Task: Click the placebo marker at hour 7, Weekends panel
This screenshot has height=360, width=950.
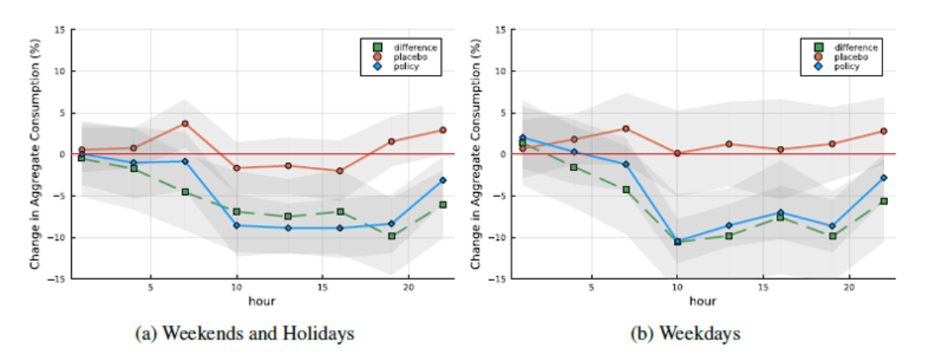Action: click(x=185, y=123)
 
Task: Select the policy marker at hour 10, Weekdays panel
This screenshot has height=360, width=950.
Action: click(x=677, y=241)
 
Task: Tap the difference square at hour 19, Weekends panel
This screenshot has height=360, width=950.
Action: click(x=391, y=236)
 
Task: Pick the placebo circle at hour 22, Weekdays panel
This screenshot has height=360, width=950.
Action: click(x=883, y=131)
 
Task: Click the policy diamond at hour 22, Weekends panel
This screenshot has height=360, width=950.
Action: click(x=442, y=180)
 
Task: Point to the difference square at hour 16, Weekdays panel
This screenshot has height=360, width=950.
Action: click(x=780, y=217)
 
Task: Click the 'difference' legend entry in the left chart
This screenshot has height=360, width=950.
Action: click(x=411, y=46)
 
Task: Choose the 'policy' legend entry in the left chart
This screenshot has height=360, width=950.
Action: click(x=405, y=66)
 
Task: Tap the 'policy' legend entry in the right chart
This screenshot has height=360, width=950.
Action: click(x=845, y=66)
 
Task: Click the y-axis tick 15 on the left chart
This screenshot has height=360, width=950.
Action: click(x=60, y=29)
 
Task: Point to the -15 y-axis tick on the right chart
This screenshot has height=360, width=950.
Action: click(x=499, y=279)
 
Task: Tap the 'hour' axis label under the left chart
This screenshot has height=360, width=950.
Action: click(x=262, y=302)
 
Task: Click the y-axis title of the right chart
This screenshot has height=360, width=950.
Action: click(x=477, y=154)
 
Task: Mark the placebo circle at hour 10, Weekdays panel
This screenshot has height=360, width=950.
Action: click(x=677, y=153)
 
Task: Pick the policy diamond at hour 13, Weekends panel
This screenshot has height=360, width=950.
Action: click(x=288, y=228)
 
